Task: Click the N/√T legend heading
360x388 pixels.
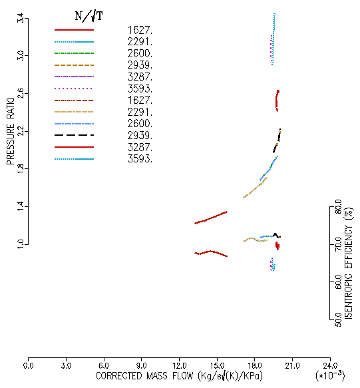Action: (89, 17)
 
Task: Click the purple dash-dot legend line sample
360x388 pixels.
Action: (75, 77)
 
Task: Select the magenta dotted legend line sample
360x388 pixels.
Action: (73, 89)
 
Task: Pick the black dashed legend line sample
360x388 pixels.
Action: (75, 135)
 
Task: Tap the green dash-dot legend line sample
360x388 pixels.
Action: (75, 53)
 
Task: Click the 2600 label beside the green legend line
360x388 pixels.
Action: (140, 53)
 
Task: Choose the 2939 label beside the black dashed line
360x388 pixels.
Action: (140, 135)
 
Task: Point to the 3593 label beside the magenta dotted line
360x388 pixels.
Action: (140, 89)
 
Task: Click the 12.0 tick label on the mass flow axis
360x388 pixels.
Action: (180, 366)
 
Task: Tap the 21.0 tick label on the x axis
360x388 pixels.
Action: (292, 366)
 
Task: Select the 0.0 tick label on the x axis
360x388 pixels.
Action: (28, 366)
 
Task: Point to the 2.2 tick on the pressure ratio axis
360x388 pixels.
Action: (21, 131)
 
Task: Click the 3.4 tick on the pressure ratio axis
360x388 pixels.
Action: (21, 18)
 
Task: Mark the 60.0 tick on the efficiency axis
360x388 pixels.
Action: (339, 282)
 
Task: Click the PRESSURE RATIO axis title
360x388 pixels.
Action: (11, 131)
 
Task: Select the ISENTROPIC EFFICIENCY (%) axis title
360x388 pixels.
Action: (349, 264)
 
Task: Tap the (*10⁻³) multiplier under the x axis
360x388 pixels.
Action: (330, 375)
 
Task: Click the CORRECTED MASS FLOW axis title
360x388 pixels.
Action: (179, 376)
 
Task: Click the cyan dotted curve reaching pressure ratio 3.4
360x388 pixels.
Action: (273, 39)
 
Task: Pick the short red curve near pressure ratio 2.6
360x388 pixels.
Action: (277, 101)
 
